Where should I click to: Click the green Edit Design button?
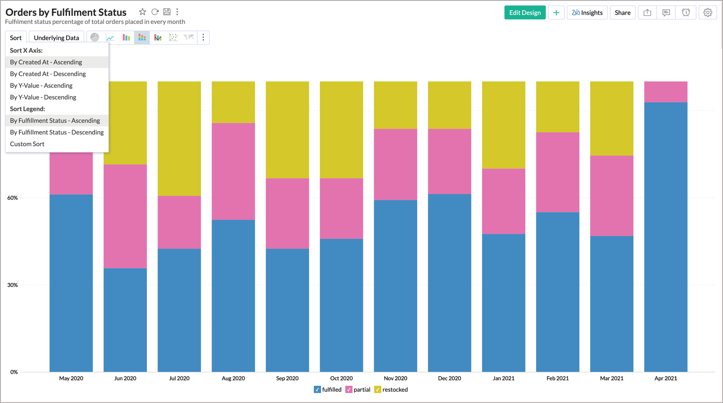pos(525,13)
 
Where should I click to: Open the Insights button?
pos(587,13)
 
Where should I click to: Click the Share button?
pos(622,13)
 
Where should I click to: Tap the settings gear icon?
pos(707,13)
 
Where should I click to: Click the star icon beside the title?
pos(143,12)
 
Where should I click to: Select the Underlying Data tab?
pos(56,38)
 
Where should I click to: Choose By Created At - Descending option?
pos(48,74)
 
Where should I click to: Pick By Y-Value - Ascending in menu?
pos(41,85)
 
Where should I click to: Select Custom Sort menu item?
pos(27,144)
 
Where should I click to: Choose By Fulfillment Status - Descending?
pos(57,132)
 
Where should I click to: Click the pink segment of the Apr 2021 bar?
pos(665,92)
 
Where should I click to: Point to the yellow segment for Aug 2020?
pos(233,102)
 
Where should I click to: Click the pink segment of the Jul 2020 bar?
pos(179,222)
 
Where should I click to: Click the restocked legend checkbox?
pos(378,390)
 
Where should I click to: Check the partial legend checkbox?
pos(349,390)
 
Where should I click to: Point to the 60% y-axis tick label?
pos(12,198)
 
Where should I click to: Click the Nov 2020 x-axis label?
pos(395,378)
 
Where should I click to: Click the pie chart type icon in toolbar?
pos(94,37)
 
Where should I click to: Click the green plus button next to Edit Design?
pos(556,13)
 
